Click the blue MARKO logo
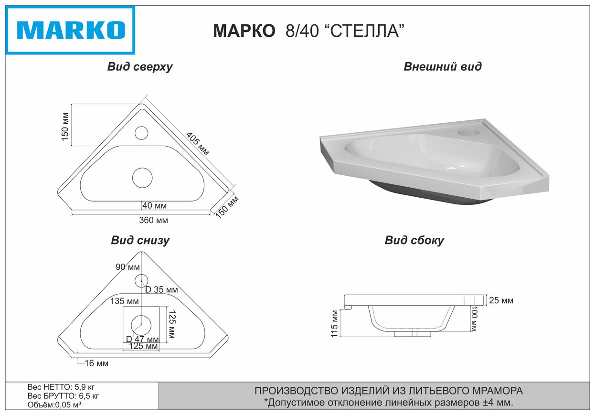pos(70,30)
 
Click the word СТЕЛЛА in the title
pos(364,31)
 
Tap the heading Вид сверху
pos(140,67)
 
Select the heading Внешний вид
pos(443,66)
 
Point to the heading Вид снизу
pos(140,240)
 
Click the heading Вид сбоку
pos(414,240)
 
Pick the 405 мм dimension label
pos(198,144)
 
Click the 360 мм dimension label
pos(154,220)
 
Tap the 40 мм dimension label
pos(155,206)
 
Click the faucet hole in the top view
pos(141,133)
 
